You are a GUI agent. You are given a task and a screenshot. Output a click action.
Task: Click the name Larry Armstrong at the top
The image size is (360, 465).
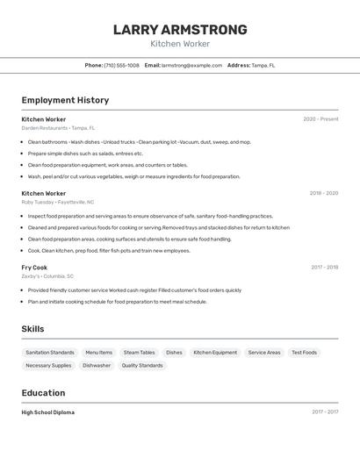click(x=180, y=30)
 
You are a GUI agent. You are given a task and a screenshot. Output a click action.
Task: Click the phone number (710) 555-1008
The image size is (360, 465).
click(x=121, y=65)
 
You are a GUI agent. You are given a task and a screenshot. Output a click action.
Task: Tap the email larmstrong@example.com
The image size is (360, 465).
click(x=191, y=65)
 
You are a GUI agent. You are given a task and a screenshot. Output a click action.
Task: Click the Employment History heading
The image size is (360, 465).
click(x=65, y=100)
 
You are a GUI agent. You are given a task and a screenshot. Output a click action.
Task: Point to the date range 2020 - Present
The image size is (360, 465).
click(x=320, y=119)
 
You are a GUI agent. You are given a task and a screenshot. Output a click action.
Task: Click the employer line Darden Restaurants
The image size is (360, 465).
click(x=58, y=128)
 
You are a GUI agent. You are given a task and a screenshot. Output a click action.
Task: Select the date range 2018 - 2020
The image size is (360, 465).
click(x=323, y=193)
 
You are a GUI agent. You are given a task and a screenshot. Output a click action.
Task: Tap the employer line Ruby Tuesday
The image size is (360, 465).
click(x=56, y=202)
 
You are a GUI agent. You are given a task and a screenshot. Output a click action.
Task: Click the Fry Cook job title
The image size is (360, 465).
click(x=34, y=268)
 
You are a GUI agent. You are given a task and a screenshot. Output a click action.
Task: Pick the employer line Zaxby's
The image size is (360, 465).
click(x=47, y=276)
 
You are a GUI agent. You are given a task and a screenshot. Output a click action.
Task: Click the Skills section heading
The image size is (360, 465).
click(x=33, y=329)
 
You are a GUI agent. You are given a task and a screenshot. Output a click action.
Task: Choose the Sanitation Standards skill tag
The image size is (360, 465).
click(x=50, y=353)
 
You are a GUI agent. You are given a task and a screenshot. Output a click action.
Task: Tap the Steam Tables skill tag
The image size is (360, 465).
click(x=139, y=353)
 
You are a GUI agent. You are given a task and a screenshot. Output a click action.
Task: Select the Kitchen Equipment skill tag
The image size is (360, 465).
click(x=215, y=353)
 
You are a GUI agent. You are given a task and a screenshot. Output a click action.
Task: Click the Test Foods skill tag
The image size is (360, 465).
click(x=304, y=353)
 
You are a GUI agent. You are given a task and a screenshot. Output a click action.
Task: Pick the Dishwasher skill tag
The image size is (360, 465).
click(x=97, y=366)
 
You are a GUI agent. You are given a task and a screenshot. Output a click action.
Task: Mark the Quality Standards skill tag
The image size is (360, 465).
click(x=142, y=366)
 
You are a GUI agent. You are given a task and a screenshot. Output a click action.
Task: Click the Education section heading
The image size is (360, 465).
click(x=43, y=393)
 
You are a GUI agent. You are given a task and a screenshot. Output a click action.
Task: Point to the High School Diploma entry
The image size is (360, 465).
click(x=48, y=412)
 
